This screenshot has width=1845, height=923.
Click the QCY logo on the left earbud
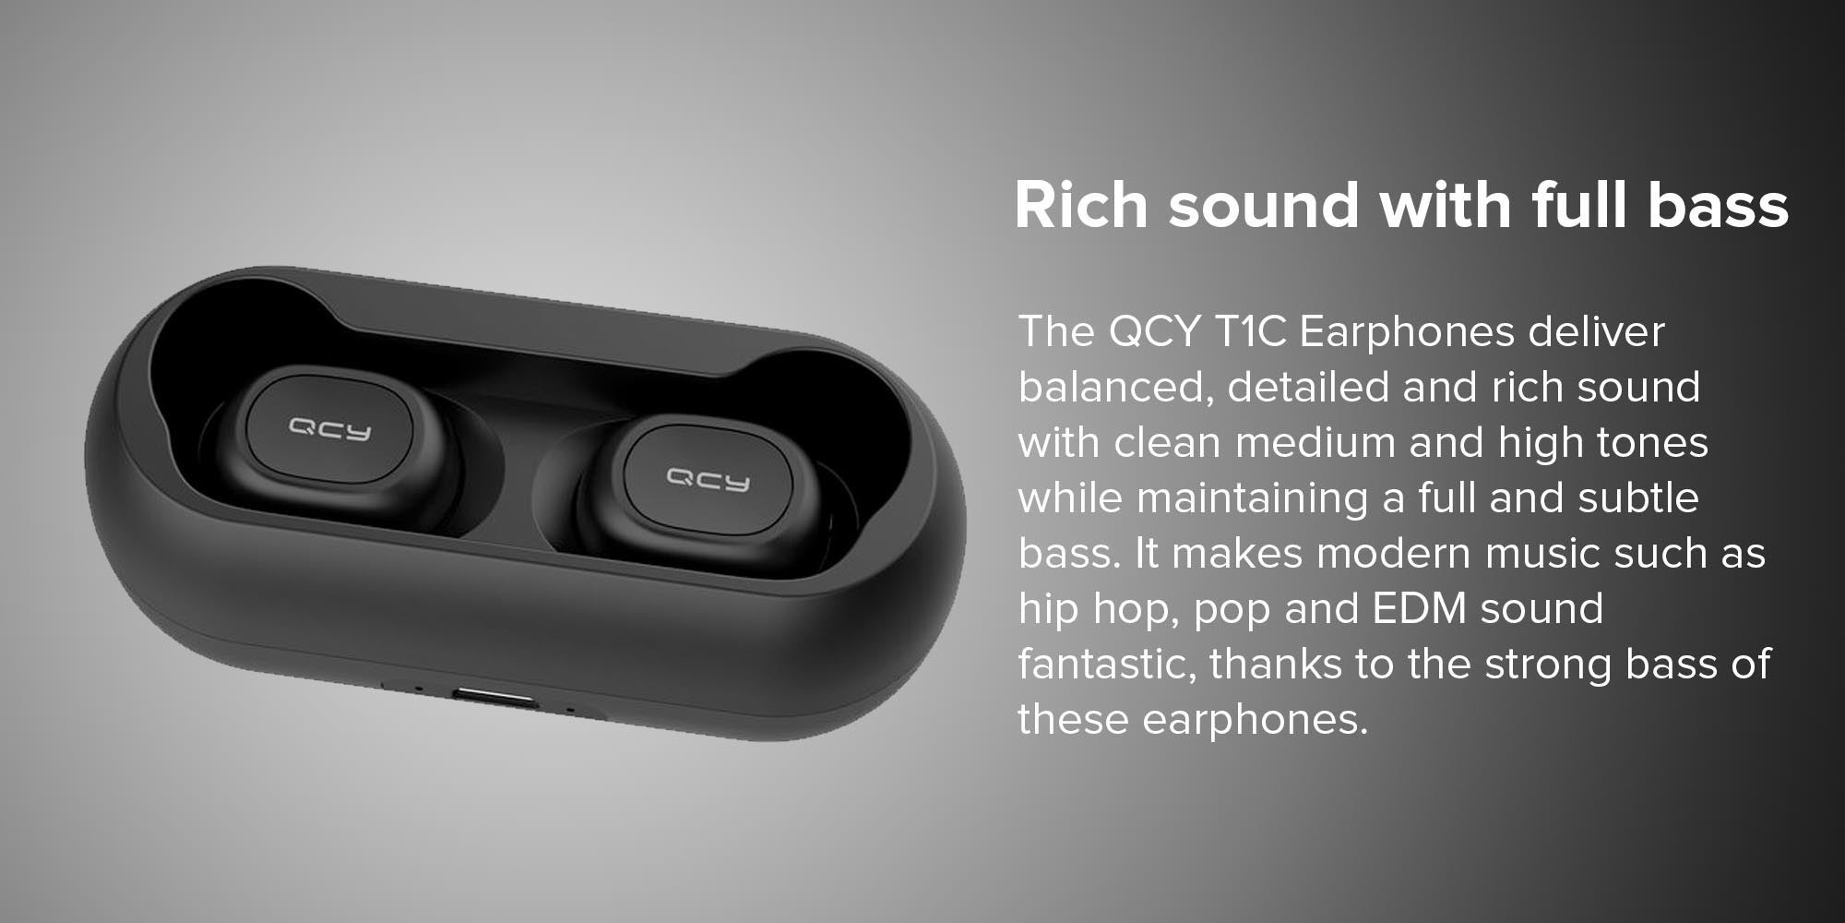(x=329, y=428)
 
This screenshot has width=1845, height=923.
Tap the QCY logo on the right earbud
(x=708, y=479)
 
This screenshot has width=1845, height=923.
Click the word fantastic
(x=1108, y=665)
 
